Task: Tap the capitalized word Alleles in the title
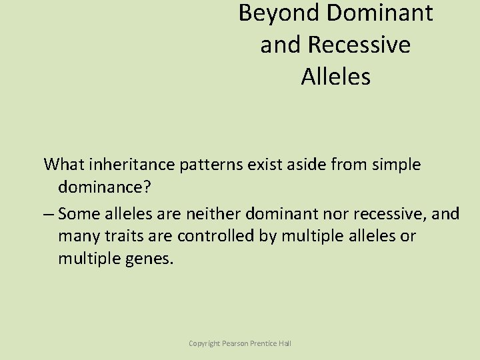tap(335, 77)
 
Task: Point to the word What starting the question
tap(65, 164)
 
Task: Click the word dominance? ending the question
tap(105, 188)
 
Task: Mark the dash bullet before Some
tap(49, 213)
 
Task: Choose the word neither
tap(212, 213)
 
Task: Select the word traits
tap(124, 236)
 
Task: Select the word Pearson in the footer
tap(237, 343)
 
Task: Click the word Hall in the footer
tap(284, 343)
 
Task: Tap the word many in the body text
tap(78, 236)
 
